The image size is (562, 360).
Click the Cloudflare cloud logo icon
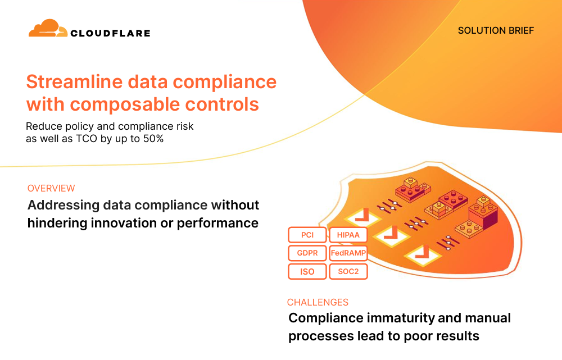click(48, 28)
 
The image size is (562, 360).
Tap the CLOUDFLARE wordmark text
click(110, 33)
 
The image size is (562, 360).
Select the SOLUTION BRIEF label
click(496, 30)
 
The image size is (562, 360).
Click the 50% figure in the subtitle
click(153, 139)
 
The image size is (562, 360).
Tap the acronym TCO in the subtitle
click(87, 139)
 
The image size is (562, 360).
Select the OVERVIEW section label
click(51, 188)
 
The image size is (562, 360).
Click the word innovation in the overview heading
click(124, 223)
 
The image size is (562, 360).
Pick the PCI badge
click(307, 235)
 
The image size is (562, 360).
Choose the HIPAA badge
click(348, 235)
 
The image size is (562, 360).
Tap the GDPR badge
click(307, 253)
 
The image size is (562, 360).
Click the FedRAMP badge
click(348, 253)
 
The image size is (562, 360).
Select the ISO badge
click(307, 271)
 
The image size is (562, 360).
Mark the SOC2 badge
click(348, 271)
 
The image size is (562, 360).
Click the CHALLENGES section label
click(318, 302)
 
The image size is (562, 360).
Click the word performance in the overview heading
click(217, 223)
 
